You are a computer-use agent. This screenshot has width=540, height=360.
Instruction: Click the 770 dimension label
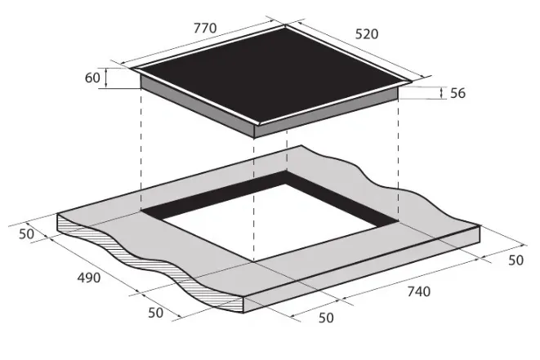[205, 28]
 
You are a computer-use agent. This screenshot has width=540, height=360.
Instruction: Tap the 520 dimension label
[367, 34]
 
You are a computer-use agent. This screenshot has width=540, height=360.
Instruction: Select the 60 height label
[92, 78]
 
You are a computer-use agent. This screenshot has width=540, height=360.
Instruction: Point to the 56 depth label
[457, 93]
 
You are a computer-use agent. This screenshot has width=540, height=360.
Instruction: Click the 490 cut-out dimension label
[89, 278]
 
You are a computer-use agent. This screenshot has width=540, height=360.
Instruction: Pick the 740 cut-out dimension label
[419, 291]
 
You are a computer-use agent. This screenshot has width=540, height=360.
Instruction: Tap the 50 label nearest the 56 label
[515, 260]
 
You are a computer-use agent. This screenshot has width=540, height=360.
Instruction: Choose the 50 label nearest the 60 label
[26, 234]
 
